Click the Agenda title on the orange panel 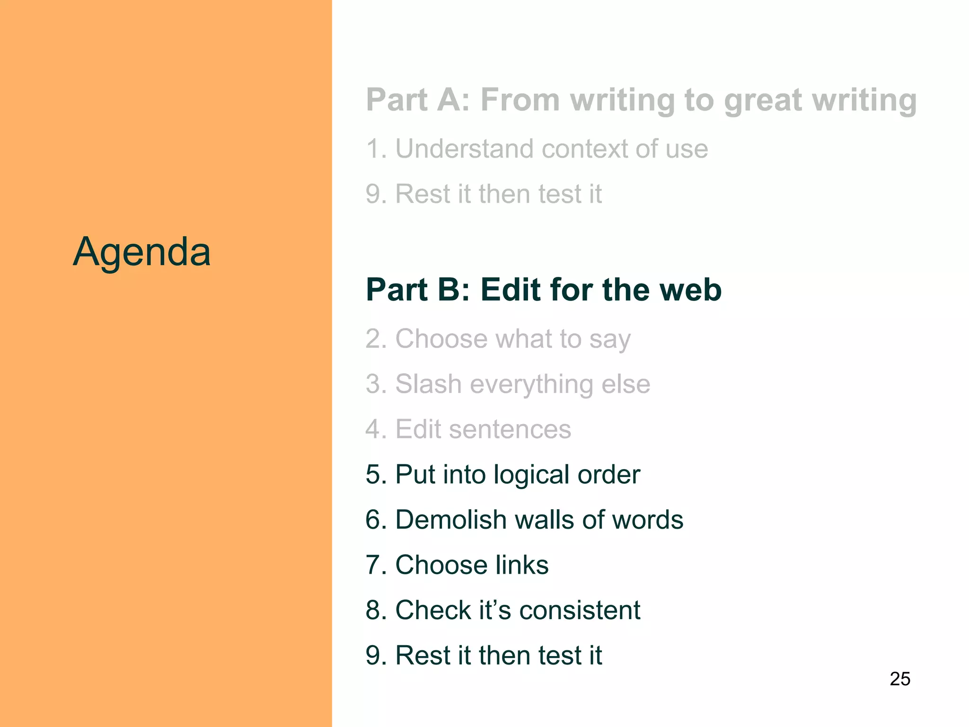[141, 251]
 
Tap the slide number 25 [900, 679]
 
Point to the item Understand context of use [537, 149]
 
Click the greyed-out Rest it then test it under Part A [484, 194]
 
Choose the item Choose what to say [498, 339]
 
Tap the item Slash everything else [508, 384]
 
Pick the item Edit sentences [468, 429]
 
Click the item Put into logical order [502, 474]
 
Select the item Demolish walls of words [524, 520]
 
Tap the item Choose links [457, 565]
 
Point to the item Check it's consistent [502, 610]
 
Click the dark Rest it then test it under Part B [484, 655]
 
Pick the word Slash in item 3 [428, 384]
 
